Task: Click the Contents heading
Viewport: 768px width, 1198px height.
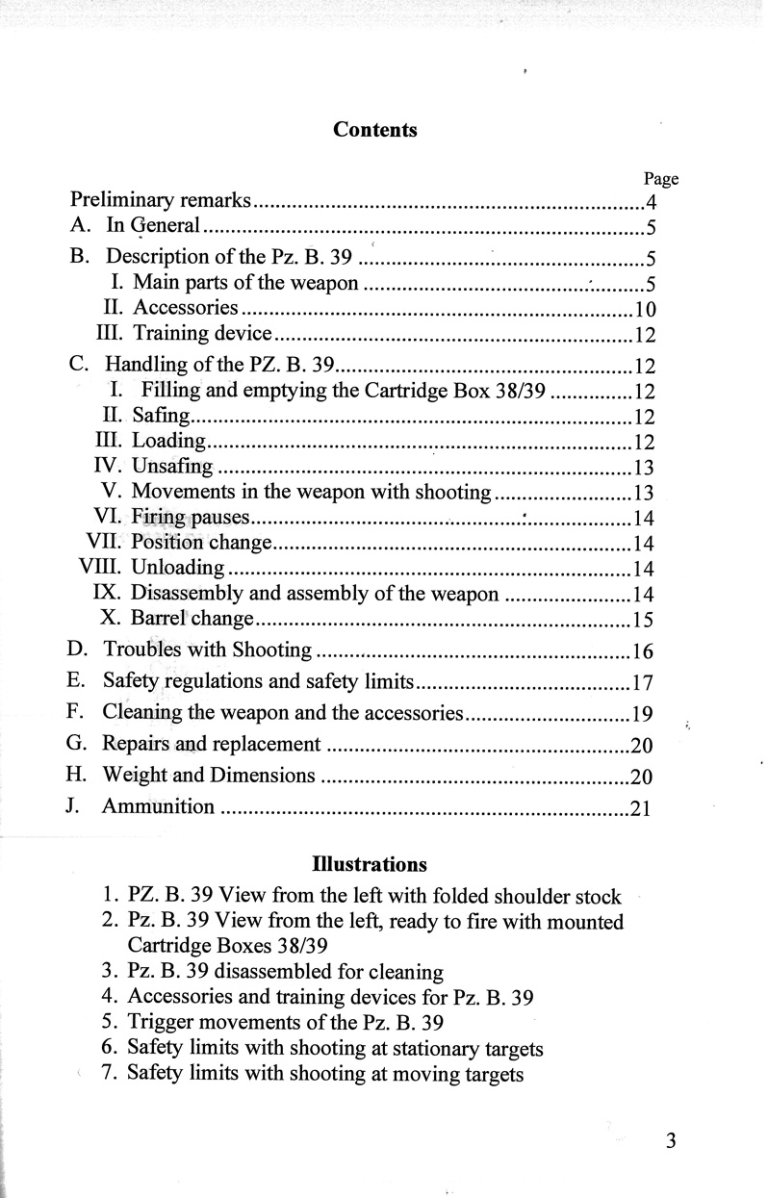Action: point(375,130)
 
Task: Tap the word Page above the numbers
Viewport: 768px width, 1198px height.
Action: point(660,178)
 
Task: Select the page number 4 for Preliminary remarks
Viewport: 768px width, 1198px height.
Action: point(652,202)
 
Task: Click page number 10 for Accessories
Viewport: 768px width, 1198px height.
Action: point(645,310)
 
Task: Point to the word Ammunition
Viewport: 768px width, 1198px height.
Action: point(158,806)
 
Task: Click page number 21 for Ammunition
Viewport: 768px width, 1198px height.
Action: point(641,808)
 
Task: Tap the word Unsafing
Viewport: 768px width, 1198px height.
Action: point(172,468)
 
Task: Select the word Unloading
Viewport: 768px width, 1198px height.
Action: point(177,567)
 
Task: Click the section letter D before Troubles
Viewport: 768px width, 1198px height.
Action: point(78,650)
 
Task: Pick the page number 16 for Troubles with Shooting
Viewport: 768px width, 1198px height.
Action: point(643,652)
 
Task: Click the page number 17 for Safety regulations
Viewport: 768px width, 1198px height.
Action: point(643,685)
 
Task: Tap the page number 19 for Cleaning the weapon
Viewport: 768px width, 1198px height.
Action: point(643,715)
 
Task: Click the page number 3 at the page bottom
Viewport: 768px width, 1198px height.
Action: point(672,1141)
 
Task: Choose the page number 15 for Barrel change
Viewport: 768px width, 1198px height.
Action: point(643,619)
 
